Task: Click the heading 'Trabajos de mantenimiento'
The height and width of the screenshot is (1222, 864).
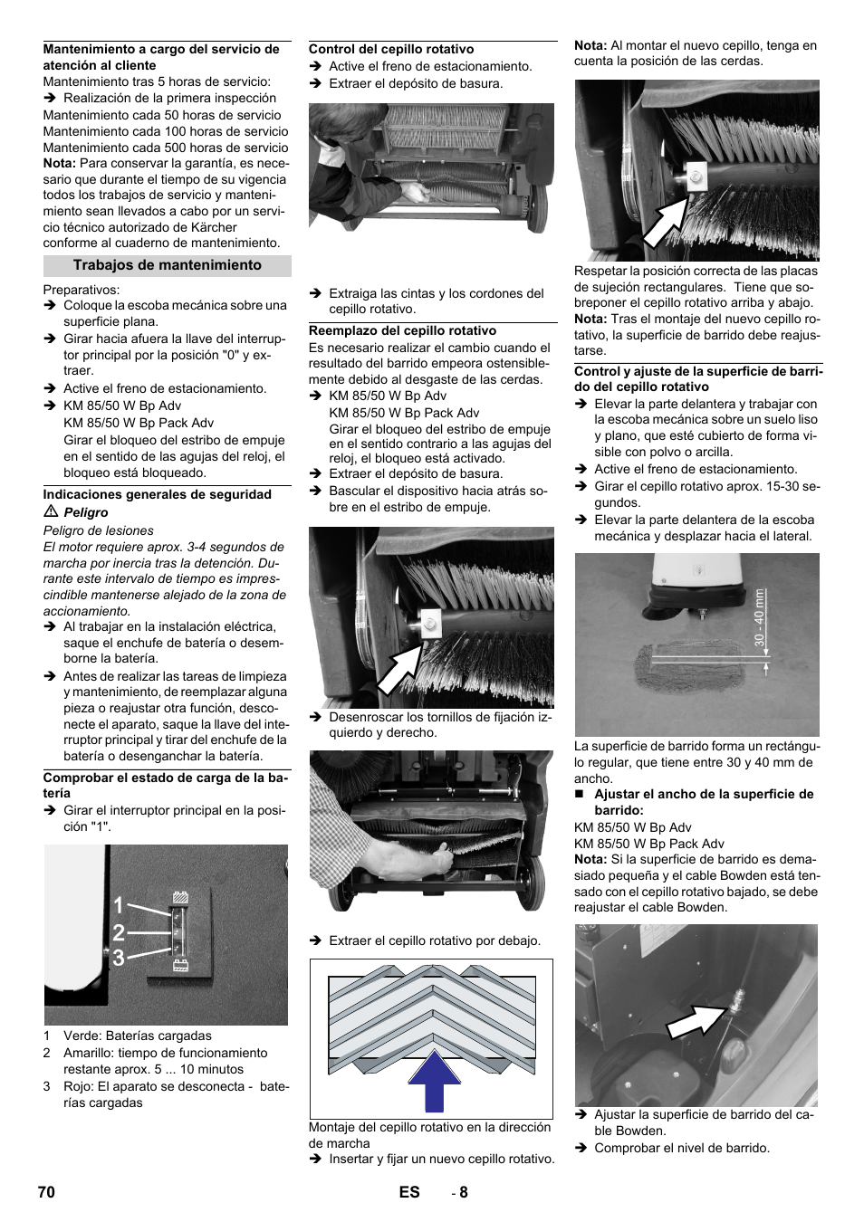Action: coord(167,265)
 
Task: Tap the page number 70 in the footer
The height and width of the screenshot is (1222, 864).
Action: coord(46,1192)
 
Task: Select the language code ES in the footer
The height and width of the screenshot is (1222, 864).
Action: coord(409,1192)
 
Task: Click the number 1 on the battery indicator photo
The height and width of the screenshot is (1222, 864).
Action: coord(119,905)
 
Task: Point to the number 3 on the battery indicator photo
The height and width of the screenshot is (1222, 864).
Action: coord(119,958)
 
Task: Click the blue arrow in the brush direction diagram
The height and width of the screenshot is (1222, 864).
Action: coord(434,1081)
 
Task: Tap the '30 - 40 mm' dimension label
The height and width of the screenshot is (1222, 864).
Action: coord(760,618)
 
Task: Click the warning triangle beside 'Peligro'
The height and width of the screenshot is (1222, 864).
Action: coord(51,512)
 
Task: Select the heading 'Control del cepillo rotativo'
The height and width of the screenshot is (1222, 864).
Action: coord(391,50)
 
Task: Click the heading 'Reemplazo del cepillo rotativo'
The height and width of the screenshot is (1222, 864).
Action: coord(402,331)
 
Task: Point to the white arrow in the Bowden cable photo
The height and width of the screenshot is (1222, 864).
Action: coord(696,1022)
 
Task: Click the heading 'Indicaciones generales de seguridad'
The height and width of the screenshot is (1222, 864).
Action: coord(158,495)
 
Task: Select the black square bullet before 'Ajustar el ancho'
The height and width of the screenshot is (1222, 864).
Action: coord(580,795)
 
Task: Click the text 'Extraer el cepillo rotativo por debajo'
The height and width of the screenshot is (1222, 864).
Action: coord(435,941)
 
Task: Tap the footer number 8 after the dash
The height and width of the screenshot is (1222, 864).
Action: coord(464,1192)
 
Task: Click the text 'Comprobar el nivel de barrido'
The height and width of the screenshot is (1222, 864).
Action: coord(682,1149)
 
